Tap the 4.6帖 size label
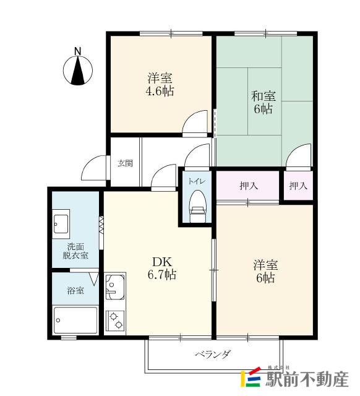coord(160,92)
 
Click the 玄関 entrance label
coord(125,164)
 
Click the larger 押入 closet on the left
coord(249,185)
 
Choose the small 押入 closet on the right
coord(298,185)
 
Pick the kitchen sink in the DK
coord(115,288)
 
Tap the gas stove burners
coord(115,319)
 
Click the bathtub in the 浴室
coord(75,320)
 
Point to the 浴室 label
coord(75,290)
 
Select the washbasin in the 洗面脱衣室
coord(61,223)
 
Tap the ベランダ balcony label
coord(213,355)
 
